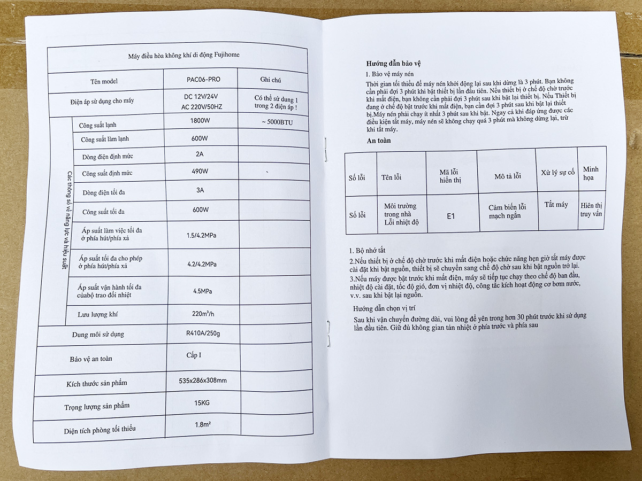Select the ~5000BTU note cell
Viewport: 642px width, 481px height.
click(274, 122)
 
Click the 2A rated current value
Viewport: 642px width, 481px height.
click(199, 155)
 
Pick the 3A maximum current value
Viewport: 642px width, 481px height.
click(200, 190)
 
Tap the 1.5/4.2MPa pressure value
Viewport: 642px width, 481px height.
click(201, 235)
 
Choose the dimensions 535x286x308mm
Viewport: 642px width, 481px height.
click(203, 381)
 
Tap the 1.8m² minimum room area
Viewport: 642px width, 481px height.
click(203, 425)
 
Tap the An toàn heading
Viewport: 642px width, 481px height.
click(379, 141)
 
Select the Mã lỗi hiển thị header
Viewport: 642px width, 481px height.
click(450, 176)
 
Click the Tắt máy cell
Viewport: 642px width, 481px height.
click(556, 205)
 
